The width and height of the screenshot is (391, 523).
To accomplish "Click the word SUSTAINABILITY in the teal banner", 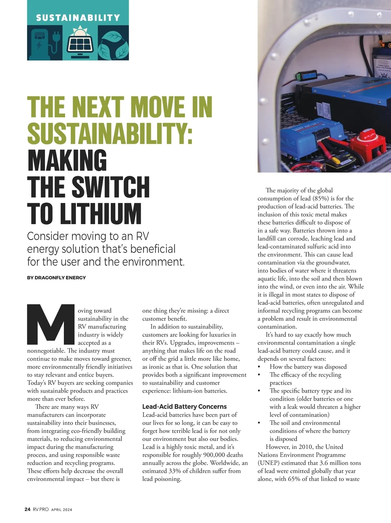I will [78, 18].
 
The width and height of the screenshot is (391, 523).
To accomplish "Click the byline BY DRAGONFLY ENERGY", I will [56, 278].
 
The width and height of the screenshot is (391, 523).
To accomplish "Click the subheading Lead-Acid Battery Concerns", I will [184, 407].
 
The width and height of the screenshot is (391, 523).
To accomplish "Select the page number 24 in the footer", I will [28, 509].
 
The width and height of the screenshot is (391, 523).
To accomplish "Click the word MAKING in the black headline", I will [67, 160].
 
